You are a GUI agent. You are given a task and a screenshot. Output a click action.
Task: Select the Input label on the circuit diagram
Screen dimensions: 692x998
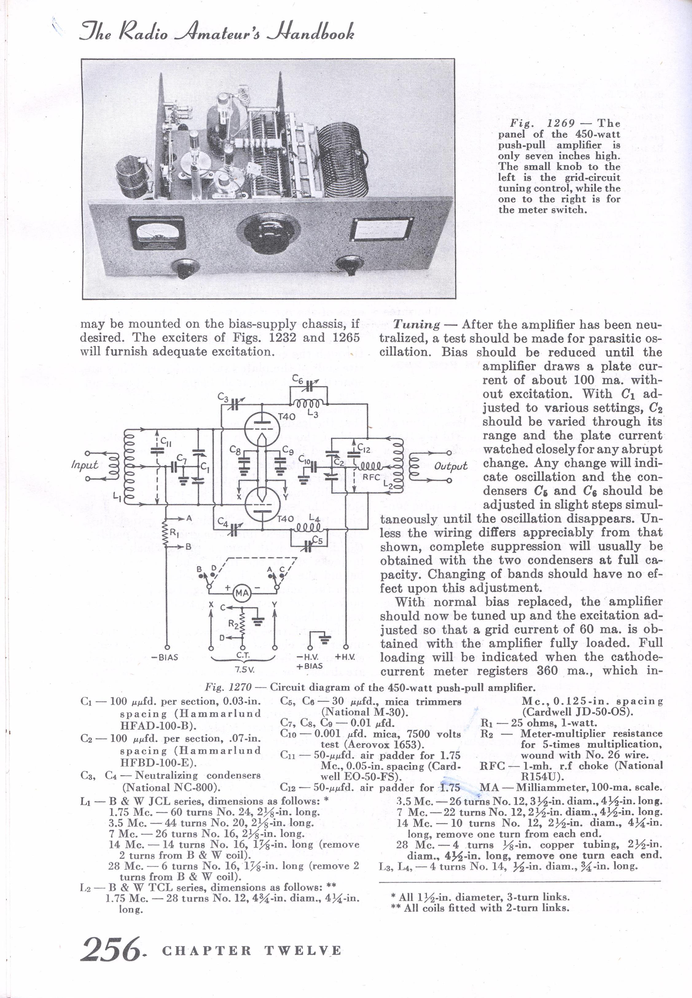(84, 465)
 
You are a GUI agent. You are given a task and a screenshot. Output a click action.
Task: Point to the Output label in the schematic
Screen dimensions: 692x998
(451, 466)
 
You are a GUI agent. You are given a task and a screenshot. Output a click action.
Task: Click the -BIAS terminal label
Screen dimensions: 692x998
(165, 657)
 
